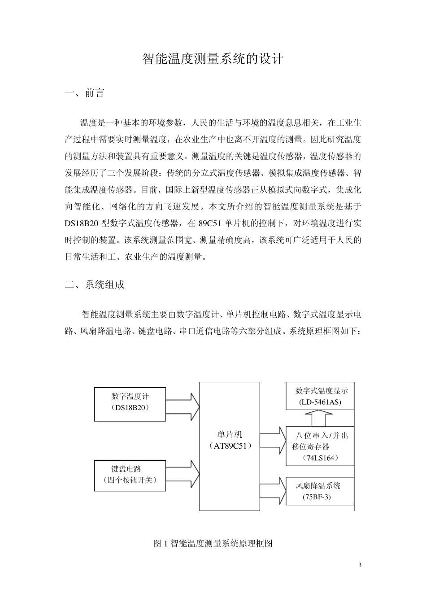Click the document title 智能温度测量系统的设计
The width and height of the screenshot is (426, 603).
coord(213,59)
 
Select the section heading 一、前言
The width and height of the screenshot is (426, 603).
coord(85,93)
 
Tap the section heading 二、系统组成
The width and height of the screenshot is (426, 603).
coord(95,284)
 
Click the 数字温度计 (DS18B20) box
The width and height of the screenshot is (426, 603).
coord(130,404)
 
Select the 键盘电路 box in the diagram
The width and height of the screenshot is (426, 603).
coord(130,475)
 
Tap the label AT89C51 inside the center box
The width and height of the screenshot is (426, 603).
coord(230,446)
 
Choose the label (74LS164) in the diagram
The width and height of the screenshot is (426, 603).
coord(321,458)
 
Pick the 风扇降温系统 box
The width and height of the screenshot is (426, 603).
coord(320,491)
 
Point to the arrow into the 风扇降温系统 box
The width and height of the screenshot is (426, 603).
coord(273,491)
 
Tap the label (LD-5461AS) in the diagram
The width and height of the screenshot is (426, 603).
coord(320,402)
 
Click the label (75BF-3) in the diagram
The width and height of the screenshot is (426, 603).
coord(317,497)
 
